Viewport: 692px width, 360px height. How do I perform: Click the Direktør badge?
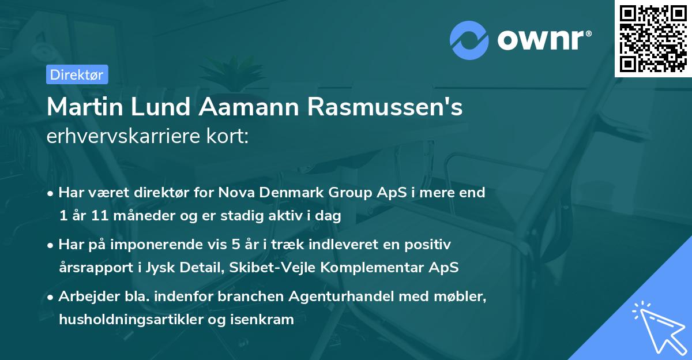(x=77, y=74)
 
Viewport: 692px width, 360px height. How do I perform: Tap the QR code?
(x=653, y=38)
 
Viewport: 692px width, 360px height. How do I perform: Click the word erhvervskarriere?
(x=114, y=137)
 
